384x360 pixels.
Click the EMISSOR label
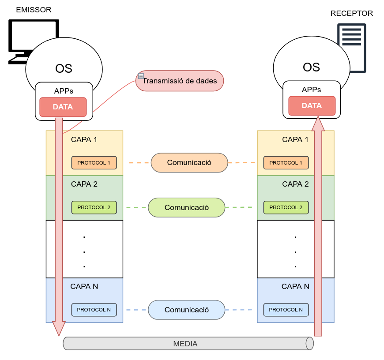pos(34,10)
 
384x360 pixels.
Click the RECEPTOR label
pos(351,13)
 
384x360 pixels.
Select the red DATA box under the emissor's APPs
pos(63,107)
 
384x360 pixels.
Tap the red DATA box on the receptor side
pos(312,106)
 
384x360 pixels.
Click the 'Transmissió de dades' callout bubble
pos(180,81)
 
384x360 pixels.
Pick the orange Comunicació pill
pos(189,162)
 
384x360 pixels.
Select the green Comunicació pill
pos(187,207)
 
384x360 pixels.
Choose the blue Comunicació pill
pos(187,310)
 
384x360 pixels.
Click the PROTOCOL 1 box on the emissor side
pos(94,163)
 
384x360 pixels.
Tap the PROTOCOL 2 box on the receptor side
pos(286,207)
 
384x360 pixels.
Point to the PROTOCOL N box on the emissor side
pos(94,310)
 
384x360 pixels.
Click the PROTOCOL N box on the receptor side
pos(286,310)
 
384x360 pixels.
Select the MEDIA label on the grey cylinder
pos(185,344)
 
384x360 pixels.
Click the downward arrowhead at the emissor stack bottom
pos(59,328)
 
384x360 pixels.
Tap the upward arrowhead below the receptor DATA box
pos(318,124)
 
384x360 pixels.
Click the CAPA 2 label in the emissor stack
pos(84,184)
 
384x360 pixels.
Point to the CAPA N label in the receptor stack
pos(295,286)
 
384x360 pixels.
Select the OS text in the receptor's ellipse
pos(311,67)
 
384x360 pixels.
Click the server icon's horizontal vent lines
pos(351,37)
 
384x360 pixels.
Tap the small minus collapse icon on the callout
pos(141,76)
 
